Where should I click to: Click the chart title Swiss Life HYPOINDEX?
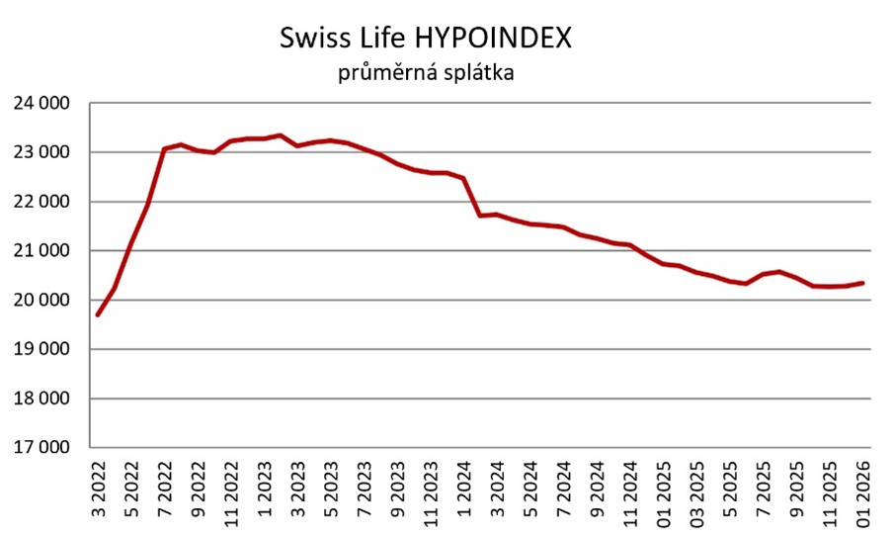426,39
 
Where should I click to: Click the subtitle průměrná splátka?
426,73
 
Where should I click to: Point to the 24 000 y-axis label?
41,103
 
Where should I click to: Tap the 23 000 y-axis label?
41,152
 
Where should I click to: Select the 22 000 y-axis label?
41,202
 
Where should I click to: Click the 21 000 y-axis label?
41,251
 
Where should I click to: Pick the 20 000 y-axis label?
41,301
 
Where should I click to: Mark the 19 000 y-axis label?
41,349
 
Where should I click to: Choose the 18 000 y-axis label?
41,399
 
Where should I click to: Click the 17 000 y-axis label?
41,448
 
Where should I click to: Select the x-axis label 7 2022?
165,489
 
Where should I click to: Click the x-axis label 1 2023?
265,489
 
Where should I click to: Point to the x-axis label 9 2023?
397,489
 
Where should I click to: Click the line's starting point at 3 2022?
98,314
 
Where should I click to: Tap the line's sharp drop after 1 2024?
472,197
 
